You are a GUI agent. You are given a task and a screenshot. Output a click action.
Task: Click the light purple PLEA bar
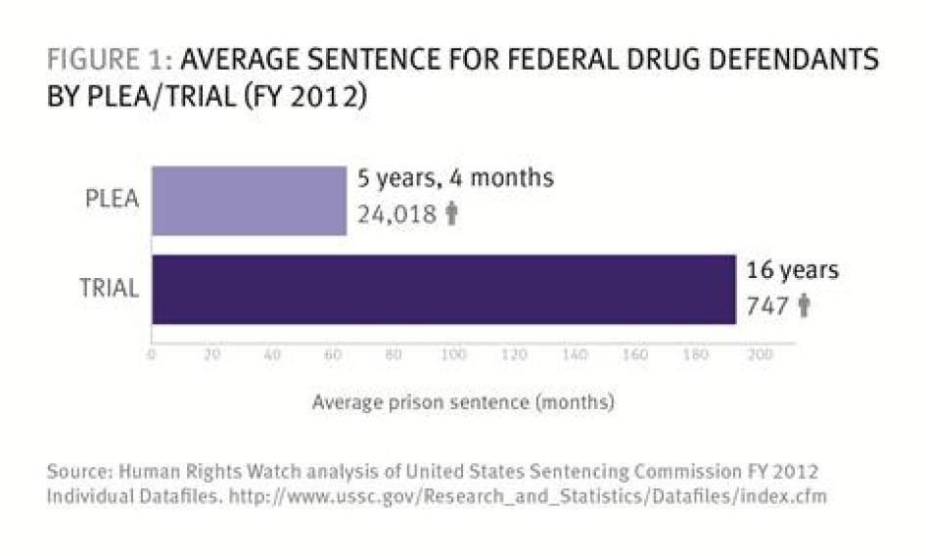click(x=249, y=201)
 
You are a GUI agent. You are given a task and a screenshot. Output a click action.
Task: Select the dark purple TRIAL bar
click(x=442, y=289)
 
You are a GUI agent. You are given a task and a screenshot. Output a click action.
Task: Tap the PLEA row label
click(x=113, y=201)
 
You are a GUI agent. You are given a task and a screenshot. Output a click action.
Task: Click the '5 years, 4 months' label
click(x=456, y=179)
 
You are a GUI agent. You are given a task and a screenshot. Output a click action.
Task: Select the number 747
click(x=767, y=306)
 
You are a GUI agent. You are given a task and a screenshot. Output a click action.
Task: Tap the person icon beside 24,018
click(x=451, y=214)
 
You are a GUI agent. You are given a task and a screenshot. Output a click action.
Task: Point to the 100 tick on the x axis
click(x=453, y=355)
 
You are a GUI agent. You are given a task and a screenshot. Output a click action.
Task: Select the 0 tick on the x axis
click(x=152, y=355)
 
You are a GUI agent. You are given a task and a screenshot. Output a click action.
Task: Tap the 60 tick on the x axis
click(x=333, y=355)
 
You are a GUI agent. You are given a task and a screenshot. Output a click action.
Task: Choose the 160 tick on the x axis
click(x=635, y=355)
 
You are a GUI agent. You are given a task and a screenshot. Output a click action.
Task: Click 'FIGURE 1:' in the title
click(x=107, y=62)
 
